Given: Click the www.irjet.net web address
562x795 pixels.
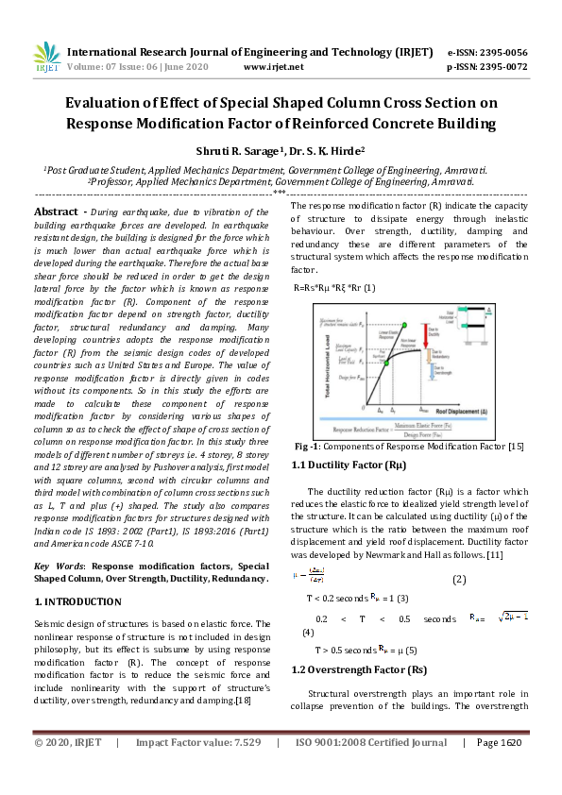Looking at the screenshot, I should pos(273,67).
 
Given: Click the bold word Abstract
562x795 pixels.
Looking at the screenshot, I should pos(55,212).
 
